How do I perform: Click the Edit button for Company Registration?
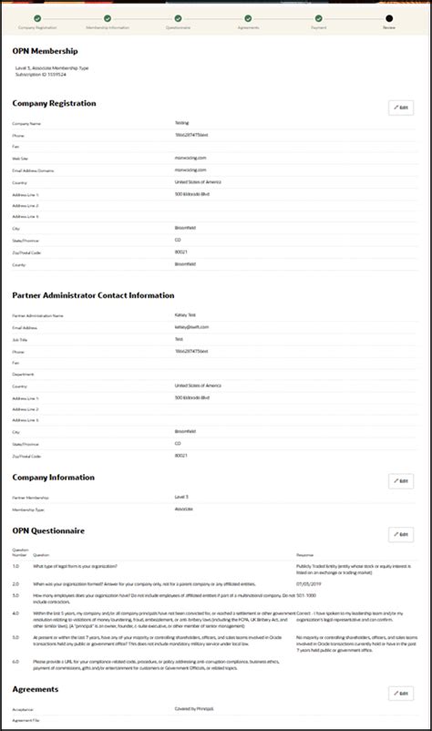point(400,108)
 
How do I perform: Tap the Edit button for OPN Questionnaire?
point(400,534)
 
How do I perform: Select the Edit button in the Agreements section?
point(400,694)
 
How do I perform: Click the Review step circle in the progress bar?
point(389,17)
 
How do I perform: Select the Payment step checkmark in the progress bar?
point(318,17)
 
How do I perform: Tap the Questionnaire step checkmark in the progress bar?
point(178,17)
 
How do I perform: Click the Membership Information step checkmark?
point(108,17)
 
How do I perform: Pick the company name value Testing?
point(182,122)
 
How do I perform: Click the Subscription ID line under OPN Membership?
point(41,74)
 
